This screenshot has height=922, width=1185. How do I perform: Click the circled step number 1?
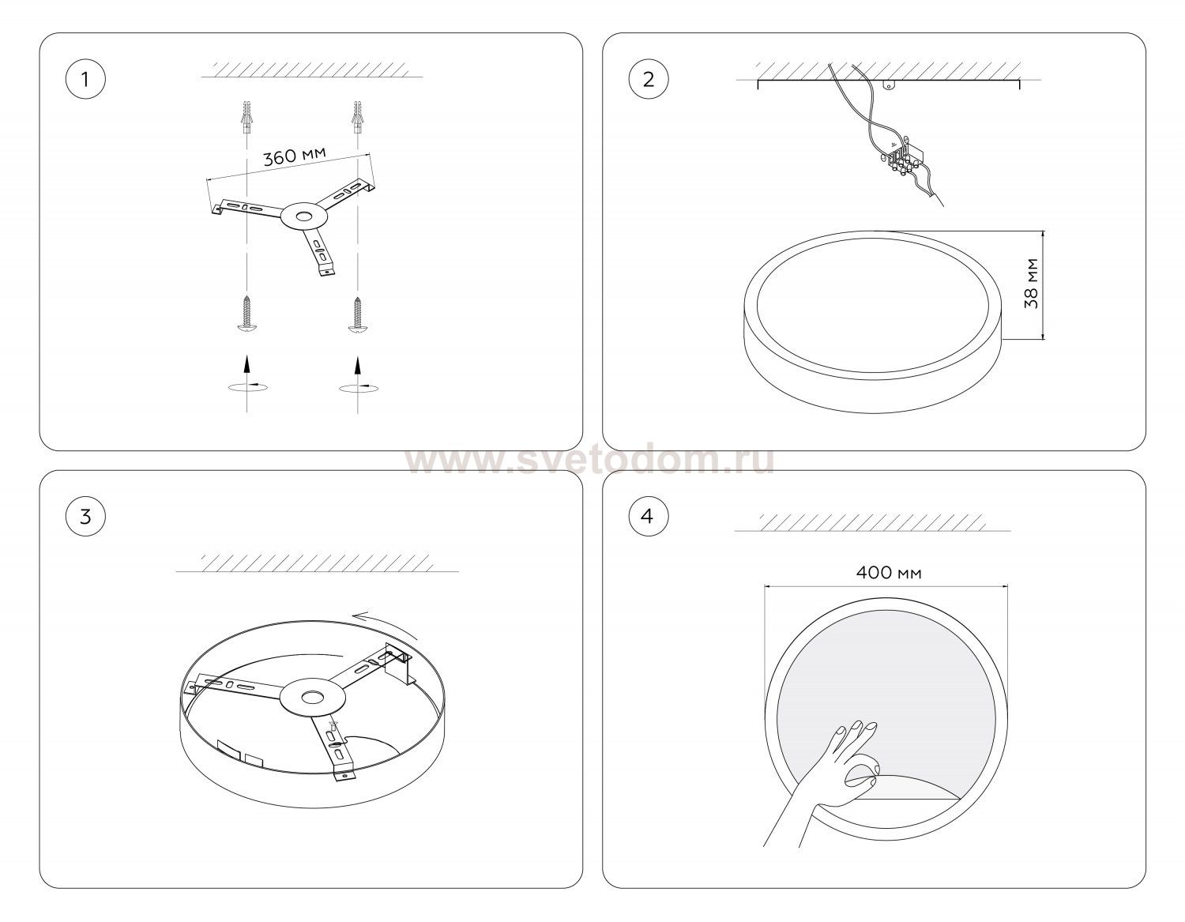click(x=85, y=80)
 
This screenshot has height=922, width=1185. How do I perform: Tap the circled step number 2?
click(x=649, y=80)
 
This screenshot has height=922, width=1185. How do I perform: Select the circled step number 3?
click(x=85, y=516)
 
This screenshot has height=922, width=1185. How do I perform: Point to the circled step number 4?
click(x=649, y=516)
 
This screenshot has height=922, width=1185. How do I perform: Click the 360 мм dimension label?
click(x=295, y=156)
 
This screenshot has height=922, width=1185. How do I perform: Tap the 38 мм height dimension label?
click(x=1031, y=284)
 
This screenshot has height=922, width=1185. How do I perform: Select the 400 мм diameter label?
click(x=888, y=573)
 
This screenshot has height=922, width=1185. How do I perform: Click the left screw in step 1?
click(x=247, y=314)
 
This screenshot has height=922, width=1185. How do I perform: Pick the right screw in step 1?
click(x=357, y=314)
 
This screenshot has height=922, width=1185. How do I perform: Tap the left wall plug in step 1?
click(x=247, y=117)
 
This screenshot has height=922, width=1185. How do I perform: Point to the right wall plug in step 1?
click(x=357, y=117)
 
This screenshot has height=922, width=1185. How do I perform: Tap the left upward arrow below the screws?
click(x=247, y=365)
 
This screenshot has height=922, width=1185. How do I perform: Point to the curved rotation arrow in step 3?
click(x=385, y=624)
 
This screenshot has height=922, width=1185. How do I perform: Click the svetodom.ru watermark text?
click(x=590, y=461)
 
